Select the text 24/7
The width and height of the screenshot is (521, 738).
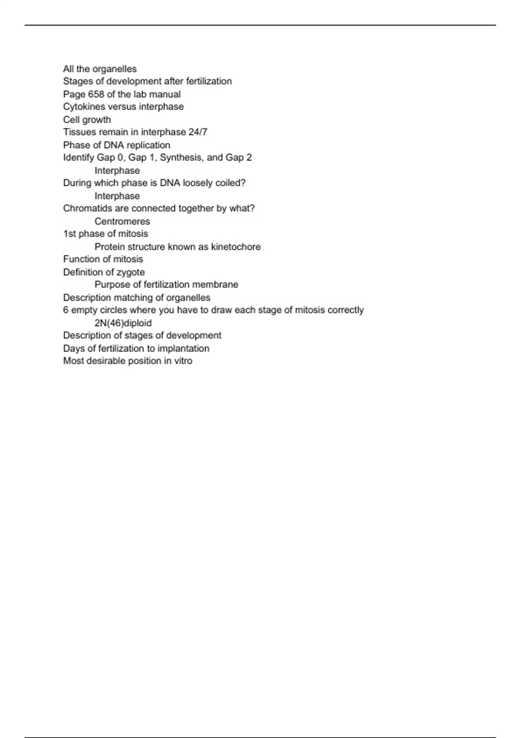[x=198, y=132]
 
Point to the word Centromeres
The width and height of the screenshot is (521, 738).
[x=122, y=221]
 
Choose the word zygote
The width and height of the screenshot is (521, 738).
[x=131, y=273]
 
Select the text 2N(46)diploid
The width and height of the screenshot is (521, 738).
[x=123, y=323]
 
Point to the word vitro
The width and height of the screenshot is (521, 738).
[x=183, y=361]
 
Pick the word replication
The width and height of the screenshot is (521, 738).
[x=148, y=145]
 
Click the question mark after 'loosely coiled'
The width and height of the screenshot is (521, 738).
[x=243, y=183]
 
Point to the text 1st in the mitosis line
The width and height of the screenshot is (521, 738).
[x=69, y=234]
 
